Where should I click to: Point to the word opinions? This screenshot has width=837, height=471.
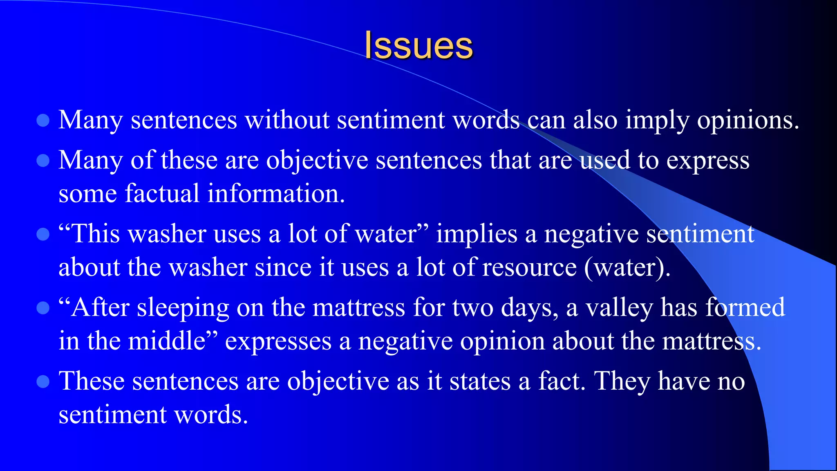[x=747, y=121]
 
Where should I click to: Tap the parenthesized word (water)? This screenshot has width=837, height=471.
[x=627, y=268]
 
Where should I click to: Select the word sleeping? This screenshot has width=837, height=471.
[x=183, y=308]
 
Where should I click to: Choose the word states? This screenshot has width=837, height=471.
[x=480, y=381]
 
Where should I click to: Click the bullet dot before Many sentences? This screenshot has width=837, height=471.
[x=43, y=121]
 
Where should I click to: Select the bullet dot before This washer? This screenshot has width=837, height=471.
[x=43, y=235]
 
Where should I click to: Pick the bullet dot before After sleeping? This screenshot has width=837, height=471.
[x=43, y=308]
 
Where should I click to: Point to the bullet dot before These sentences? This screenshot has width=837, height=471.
[x=43, y=381]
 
